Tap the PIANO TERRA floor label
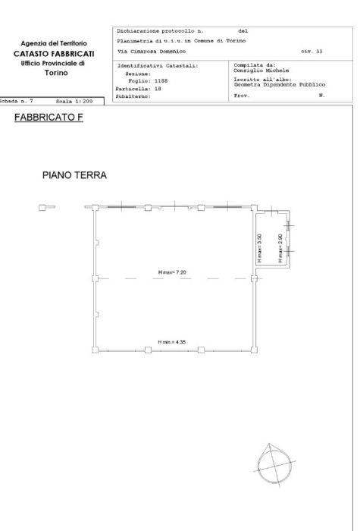(x=74, y=175)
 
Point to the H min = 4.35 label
(x=172, y=343)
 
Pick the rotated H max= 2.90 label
(x=280, y=247)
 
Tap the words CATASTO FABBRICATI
(x=53, y=54)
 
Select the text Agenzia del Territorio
(x=53, y=45)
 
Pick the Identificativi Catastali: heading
(x=158, y=66)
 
